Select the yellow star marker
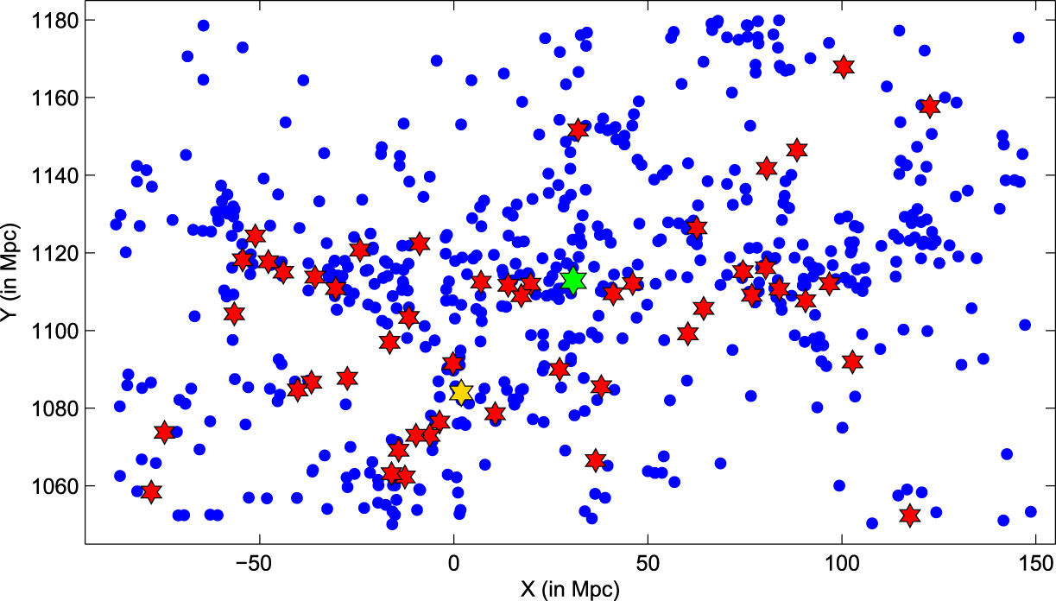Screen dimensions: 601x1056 [x=461, y=392]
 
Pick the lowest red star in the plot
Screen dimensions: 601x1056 [x=909, y=516]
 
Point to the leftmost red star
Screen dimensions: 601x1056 [x=151, y=491]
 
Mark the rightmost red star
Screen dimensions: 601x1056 [x=929, y=107]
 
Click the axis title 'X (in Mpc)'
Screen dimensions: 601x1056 [x=570, y=589]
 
